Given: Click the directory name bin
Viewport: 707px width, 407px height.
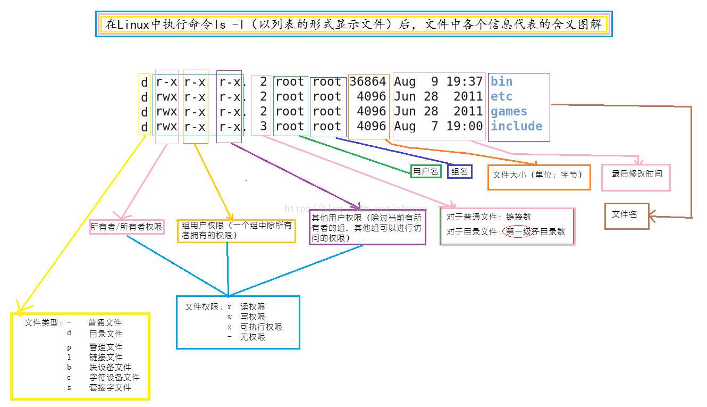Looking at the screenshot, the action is pos(501,81).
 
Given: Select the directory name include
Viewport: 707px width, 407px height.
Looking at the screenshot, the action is pos(516,126).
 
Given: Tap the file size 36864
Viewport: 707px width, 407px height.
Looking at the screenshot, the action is pos(368,81).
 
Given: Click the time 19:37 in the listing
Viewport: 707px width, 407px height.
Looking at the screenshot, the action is pos(464,81).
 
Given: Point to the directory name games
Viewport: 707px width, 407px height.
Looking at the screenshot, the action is pos(509,112).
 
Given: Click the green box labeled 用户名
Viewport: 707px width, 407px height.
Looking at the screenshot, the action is pos(426,171).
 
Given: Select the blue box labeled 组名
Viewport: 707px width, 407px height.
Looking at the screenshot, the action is pos(459,171).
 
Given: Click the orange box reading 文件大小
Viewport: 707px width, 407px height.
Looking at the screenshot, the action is pos(539,177).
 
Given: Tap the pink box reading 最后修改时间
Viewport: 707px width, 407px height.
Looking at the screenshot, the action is pos(636,177).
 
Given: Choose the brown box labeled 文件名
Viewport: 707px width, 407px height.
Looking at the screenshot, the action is pos(627,216).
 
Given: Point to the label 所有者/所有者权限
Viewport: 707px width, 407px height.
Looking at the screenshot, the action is pos(127,227).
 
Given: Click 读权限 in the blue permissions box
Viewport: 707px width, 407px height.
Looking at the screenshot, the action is pos(252,307).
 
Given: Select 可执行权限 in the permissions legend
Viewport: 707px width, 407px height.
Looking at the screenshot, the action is pos(261,327).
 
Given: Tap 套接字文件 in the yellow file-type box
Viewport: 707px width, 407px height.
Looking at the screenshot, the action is pos(110,387).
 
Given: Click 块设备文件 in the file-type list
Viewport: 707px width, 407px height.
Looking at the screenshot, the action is pos(110,367).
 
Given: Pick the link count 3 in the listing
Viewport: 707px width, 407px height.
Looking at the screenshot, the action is pos(264,126).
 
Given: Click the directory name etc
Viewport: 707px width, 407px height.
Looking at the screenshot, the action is pos(501,96).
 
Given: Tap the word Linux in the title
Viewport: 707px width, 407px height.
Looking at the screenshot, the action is pos(133,24).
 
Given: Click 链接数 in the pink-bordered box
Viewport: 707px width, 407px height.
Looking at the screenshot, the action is pos(518,217).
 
